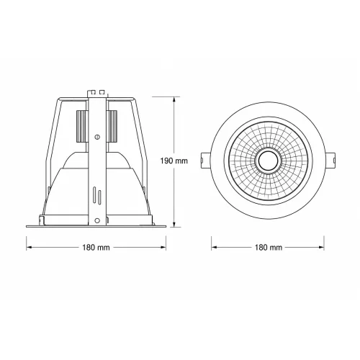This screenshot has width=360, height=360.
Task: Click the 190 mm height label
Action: tap(174, 161)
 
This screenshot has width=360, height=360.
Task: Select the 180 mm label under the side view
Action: tap(96, 247)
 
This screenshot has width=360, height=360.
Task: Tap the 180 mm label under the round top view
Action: tap(269, 247)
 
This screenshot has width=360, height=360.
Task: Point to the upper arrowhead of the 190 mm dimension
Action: tap(174, 99)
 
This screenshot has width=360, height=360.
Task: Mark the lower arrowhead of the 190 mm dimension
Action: tap(174, 224)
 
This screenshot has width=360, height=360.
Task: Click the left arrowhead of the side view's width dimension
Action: tap(29, 247)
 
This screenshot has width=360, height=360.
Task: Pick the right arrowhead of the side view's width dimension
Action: tap(163, 247)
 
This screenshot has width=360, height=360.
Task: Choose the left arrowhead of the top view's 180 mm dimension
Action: tap(215, 247)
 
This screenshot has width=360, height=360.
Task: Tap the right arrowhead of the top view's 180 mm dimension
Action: tap(321, 247)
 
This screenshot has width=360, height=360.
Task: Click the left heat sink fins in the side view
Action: tap(81, 126)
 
